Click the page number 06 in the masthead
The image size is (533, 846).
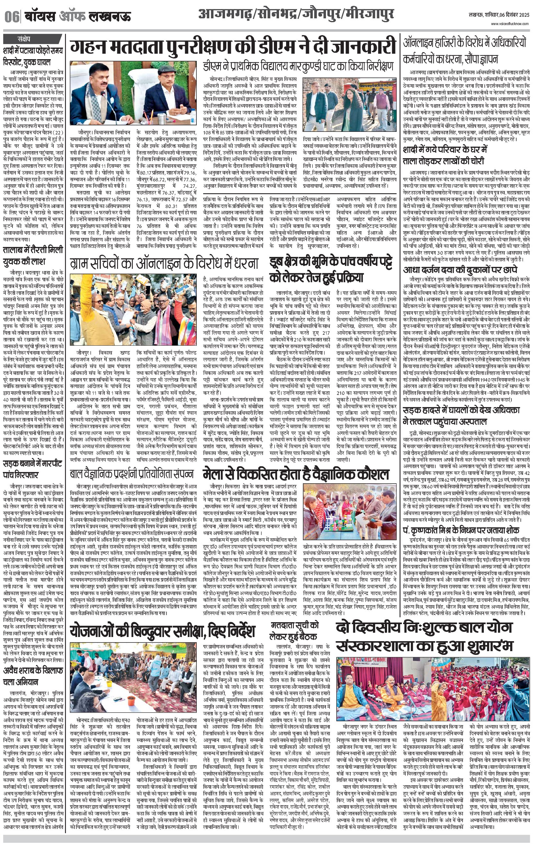(11, 17)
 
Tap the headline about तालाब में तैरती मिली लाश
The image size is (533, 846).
(33, 256)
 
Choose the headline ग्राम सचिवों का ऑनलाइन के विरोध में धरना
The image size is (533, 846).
(164, 263)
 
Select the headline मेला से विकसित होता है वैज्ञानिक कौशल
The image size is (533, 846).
(296, 475)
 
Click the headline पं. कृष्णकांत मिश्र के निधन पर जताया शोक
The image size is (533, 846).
(461, 530)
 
